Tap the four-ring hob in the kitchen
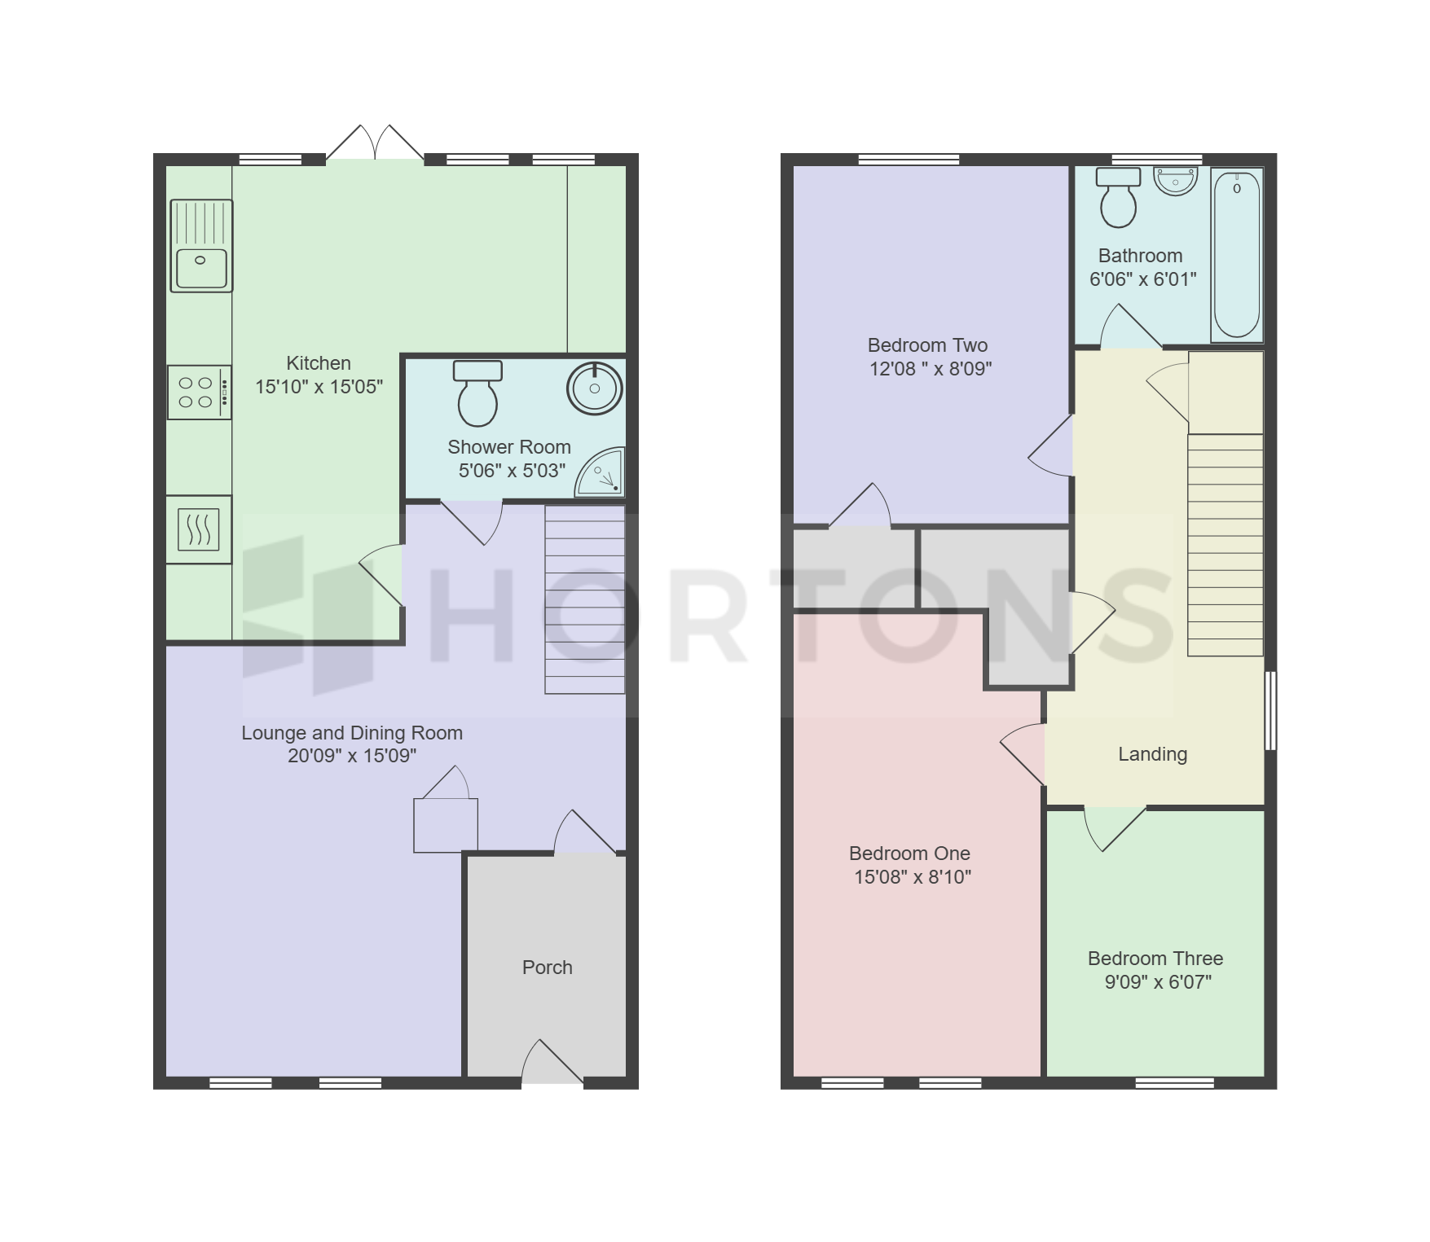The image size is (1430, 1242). tap(200, 393)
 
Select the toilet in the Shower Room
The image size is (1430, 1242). tap(477, 394)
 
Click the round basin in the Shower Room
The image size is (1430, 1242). tap(595, 388)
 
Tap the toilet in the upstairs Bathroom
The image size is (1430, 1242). tap(1118, 197)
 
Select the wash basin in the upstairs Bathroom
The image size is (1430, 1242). tap(1176, 182)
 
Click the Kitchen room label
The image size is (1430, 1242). tap(319, 363)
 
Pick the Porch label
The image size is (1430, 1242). tap(548, 968)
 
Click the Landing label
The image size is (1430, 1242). tap(1152, 754)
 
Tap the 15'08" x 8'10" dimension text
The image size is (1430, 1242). tap(913, 877)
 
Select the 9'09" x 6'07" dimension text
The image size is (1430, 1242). tap(1158, 982)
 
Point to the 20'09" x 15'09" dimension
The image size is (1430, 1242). tap(352, 756)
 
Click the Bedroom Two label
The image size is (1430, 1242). tap(927, 345)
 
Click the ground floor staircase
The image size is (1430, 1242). tap(585, 599)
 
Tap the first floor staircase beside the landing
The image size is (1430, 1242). tap(1225, 545)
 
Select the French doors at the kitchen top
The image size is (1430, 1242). tap(376, 143)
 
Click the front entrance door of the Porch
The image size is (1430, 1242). tap(552, 1062)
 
